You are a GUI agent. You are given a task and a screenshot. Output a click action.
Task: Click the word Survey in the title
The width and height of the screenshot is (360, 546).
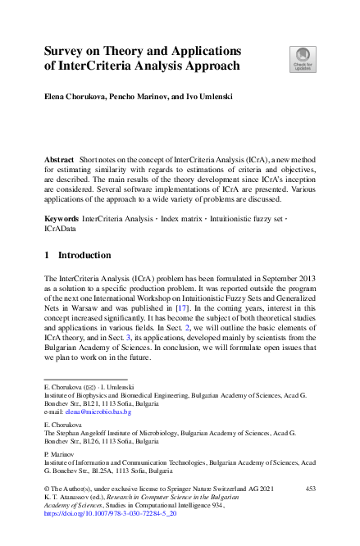(x=66, y=49)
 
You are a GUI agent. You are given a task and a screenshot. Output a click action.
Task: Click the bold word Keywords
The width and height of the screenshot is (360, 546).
(x=62, y=220)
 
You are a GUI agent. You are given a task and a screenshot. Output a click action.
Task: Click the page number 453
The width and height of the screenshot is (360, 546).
(x=310, y=489)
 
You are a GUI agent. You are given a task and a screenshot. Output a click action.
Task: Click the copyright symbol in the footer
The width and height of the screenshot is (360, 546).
(x=46, y=489)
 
